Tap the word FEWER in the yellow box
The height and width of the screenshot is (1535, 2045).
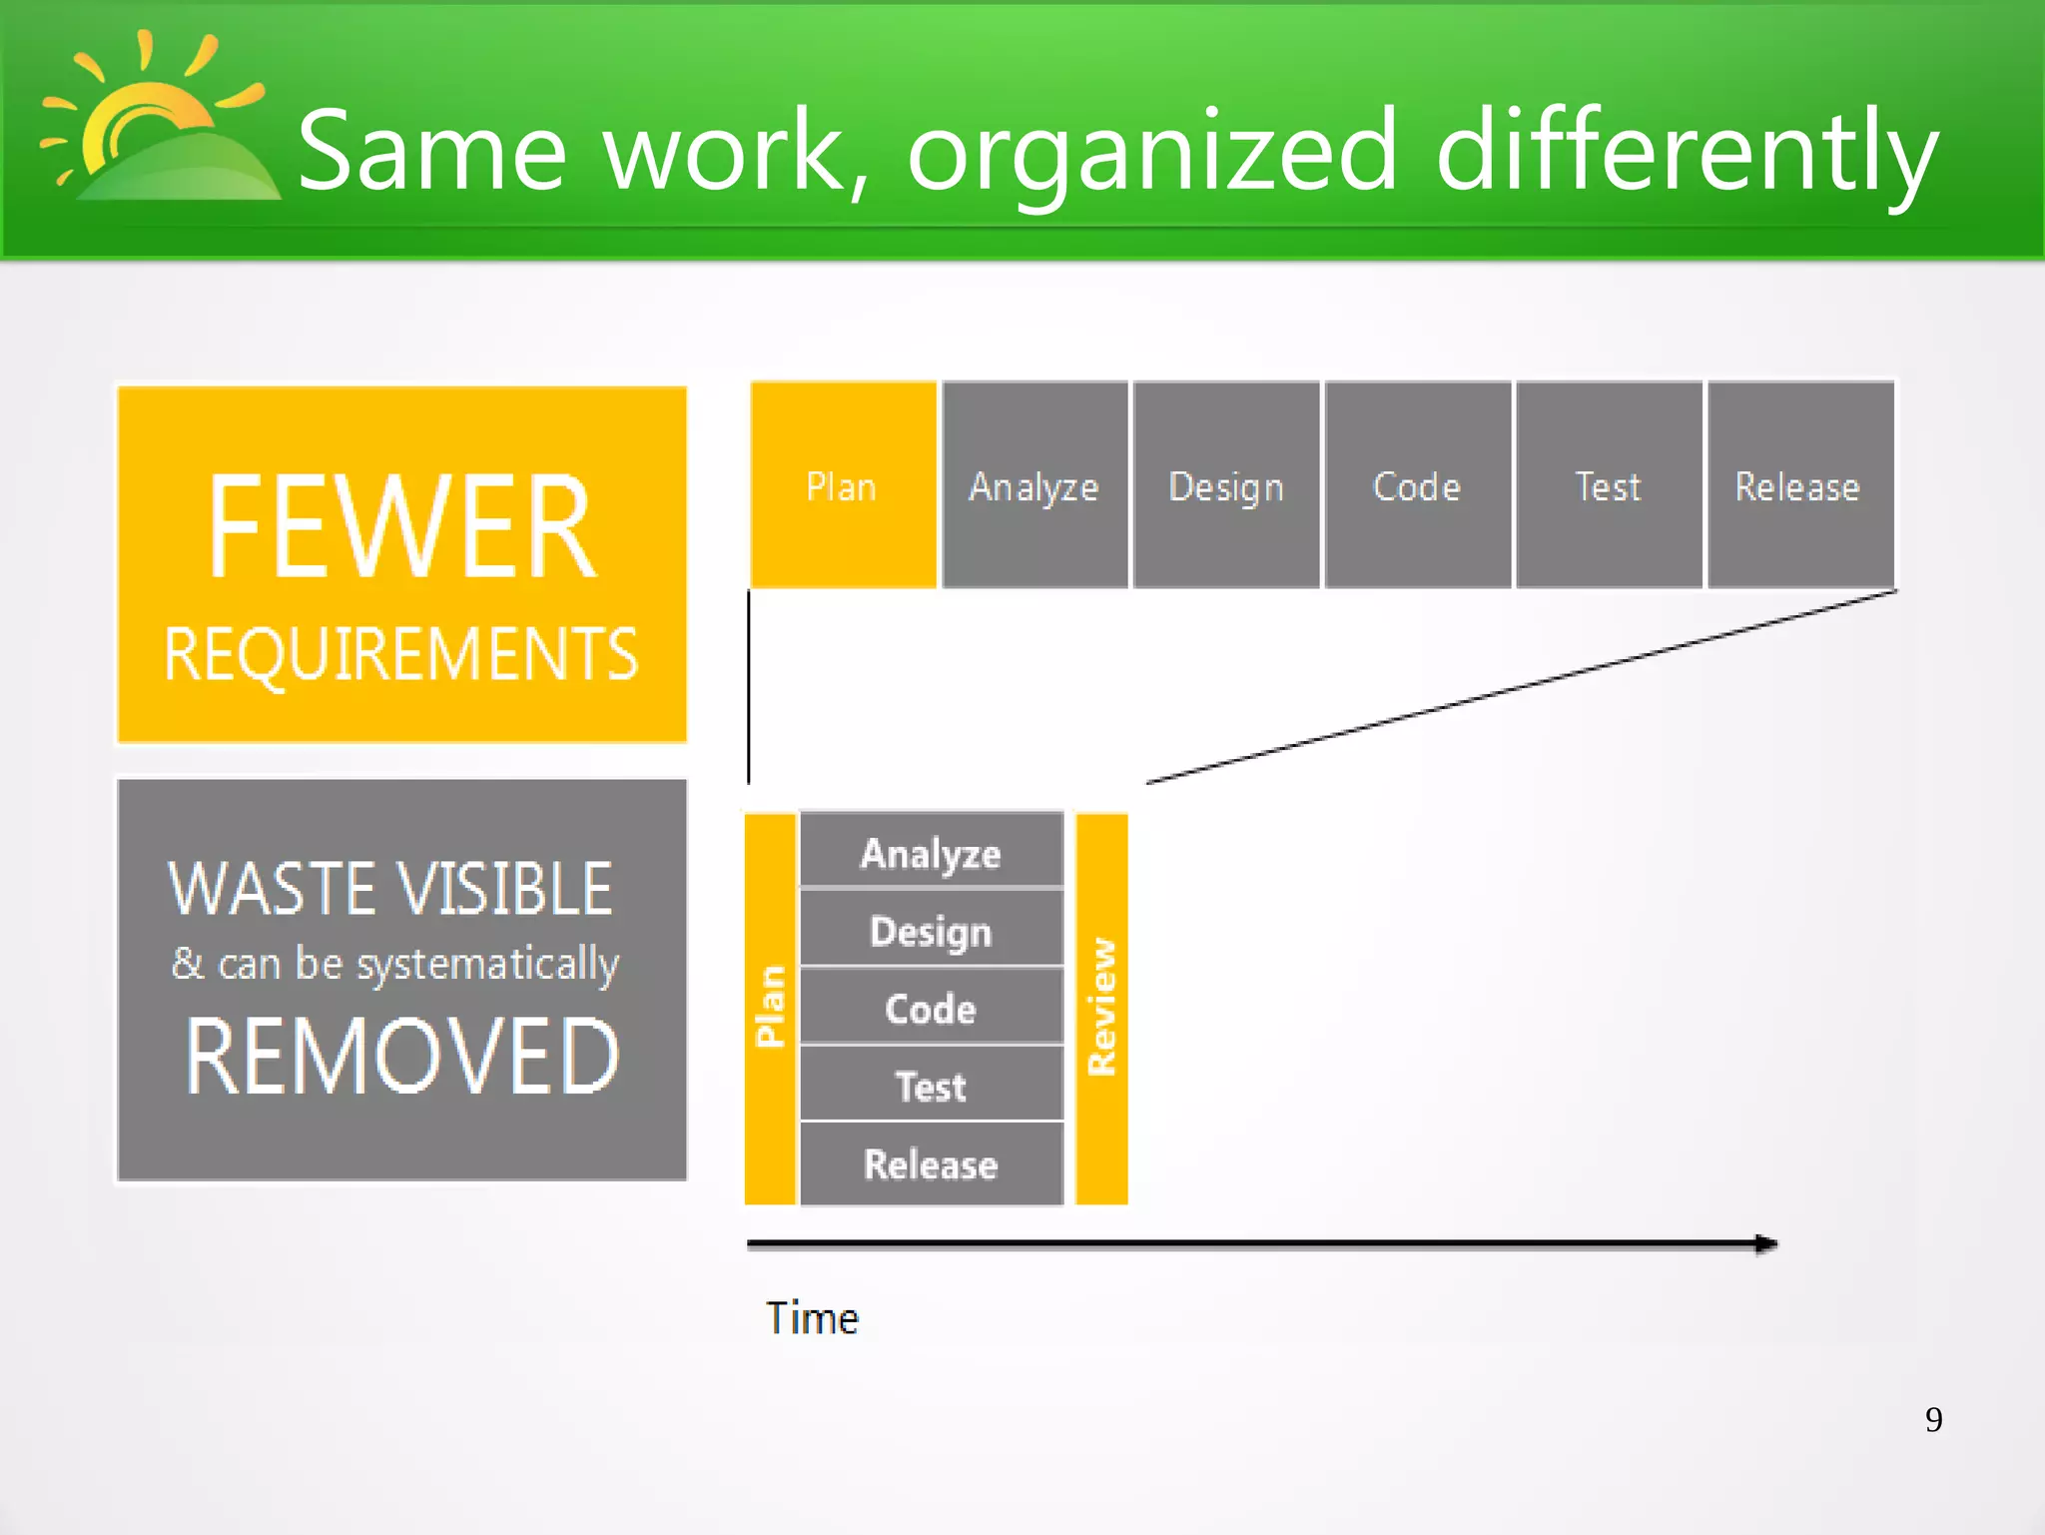click(x=401, y=526)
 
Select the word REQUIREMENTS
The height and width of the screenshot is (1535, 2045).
click(x=401, y=655)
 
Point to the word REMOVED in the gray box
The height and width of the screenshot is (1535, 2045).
click(x=401, y=1056)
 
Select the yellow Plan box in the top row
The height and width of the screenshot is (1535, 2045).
click(x=842, y=485)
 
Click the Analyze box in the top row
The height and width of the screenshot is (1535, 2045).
click(x=1034, y=485)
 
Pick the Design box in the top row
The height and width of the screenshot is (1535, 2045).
click(x=1226, y=485)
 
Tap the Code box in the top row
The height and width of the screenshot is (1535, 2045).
click(x=1417, y=485)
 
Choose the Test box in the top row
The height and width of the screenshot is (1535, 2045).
click(x=1609, y=485)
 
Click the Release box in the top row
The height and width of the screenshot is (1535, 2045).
click(x=1799, y=485)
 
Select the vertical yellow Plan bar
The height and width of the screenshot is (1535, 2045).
click(x=770, y=1009)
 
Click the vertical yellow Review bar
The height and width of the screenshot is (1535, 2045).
click(x=1101, y=1009)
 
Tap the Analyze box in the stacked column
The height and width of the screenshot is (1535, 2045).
click(x=931, y=852)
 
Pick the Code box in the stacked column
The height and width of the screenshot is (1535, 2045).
click(x=931, y=1008)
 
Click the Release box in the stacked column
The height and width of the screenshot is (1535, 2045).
click(x=931, y=1163)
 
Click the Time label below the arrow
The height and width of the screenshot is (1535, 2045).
click(x=812, y=1318)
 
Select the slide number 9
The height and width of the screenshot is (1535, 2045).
click(x=1933, y=1419)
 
